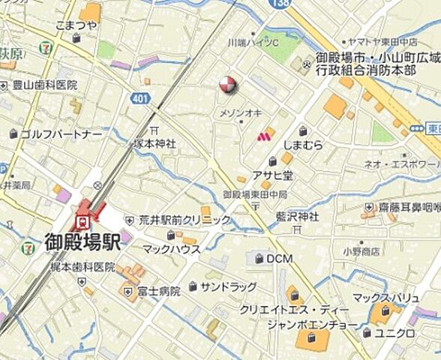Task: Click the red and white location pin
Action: [228, 85]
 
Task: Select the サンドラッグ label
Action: [227, 286]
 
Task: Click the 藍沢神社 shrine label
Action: [296, 216]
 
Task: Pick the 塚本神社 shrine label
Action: [154, 142]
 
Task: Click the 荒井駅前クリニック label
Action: [184, 220]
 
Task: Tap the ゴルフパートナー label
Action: [60, 134]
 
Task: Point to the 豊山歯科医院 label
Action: [44, 85]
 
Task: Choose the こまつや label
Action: [76, 25]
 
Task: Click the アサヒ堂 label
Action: [272, 175]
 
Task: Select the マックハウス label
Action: [171, 249]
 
